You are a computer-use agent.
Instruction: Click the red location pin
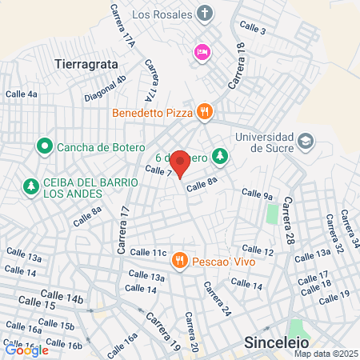[x=181, y=163]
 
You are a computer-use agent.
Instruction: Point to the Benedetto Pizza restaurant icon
[x=205, y=113]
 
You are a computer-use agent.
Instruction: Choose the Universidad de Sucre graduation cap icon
[x=306, y=142]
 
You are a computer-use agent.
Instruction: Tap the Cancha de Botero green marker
[x=43, y=147]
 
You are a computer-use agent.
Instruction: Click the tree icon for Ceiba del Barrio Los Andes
[x=30, y=186]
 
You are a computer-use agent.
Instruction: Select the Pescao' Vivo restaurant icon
[x=179, y=259]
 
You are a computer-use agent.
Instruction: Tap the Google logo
[x=26, y=350]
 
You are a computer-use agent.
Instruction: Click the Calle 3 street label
[x=253, y=30]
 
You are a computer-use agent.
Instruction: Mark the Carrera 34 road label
[x=349, y=227]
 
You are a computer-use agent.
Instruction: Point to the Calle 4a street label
[x=22, y=94]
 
